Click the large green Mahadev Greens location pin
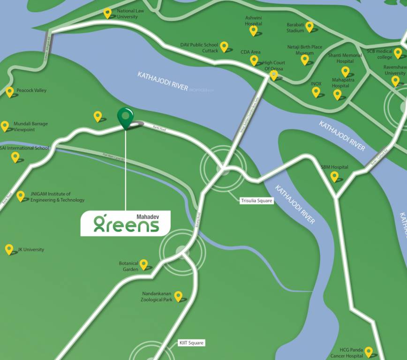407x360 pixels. [124, 116]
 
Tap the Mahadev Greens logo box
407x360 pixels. [126, 223]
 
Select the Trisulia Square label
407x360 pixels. [256, 201]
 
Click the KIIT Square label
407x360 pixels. [191, 343]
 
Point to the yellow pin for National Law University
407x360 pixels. [108, 13]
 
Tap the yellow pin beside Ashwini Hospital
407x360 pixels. [254, 30]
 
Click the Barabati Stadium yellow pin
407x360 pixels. [309, 27]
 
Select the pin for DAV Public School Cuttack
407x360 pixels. [225, 46]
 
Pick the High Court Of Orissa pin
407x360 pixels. [274, 75]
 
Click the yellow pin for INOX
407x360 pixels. [316, 91]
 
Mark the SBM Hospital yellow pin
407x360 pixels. [334, 176]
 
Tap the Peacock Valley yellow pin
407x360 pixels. [10, 91]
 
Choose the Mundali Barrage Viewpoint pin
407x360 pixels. [5, 126]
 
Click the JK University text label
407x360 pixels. [30, 249]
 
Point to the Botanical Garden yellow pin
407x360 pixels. [143, 264]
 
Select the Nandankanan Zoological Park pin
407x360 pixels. [178, 296]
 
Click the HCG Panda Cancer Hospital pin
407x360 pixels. [369, 352]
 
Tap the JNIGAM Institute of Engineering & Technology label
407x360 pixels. [57, 197]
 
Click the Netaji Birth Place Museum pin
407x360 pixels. [305, 60]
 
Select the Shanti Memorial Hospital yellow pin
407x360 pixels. [346, 71]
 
